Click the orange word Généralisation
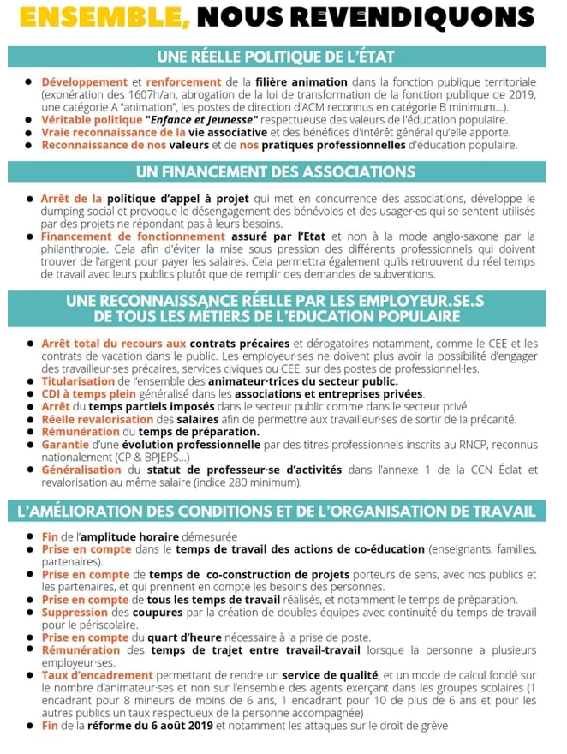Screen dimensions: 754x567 coord(82,470)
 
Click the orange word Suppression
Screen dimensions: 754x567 coord(75,613)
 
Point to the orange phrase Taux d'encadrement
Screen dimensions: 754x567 coord(97,675)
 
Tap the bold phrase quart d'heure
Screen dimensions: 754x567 coord(182,637)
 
